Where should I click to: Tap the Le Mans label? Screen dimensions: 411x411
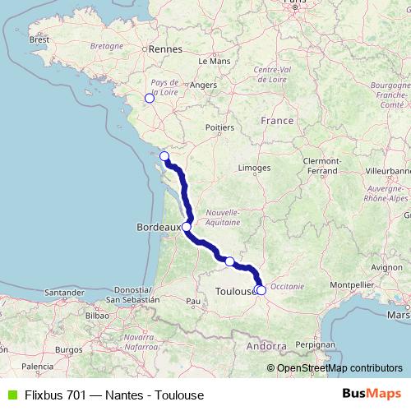pyautogui.click(x=213, y=61)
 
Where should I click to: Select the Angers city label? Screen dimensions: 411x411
pyautogui.click(x=203, y=84)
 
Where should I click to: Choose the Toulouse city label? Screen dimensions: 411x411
pyautogui.click(x=233, y=291)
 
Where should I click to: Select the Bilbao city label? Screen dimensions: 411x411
pyautogui.click(x=96, y=314)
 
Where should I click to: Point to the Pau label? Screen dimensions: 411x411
pyautogui.click(x=194, y=301)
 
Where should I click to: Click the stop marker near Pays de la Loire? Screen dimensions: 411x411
pyautogui.click(x=149, y=99)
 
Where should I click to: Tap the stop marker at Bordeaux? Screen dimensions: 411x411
pyautogui.click(x=187, y=226)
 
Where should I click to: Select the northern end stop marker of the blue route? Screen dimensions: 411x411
pyautogui.click(x=164, y=156)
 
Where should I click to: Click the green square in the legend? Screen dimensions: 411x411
pyautogui.click(x=11, y=395)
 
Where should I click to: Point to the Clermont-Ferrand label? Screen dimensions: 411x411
pyautogui.click(x=322, y=164)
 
